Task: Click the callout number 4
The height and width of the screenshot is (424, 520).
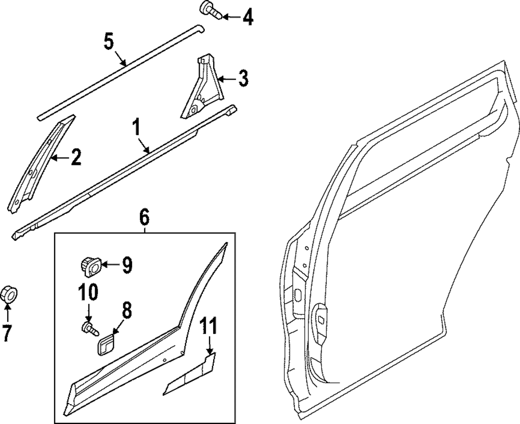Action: [x=247, y=18]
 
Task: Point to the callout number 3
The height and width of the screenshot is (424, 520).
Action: [x=243, y=80]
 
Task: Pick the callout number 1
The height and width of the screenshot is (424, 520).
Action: [x=136, y=126]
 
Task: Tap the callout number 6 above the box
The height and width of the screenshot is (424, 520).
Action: [x=144, y=215]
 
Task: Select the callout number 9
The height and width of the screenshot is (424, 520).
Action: [x=126, y=265]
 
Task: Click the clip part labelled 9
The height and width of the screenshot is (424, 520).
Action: [x=89, y=266]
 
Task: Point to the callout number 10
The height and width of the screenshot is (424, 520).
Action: [x=88, y=293]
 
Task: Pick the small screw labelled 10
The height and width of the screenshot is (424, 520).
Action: [x=89, y=328]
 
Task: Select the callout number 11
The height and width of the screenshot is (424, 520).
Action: [x=210, y=327]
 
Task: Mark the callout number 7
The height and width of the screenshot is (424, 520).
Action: [x=6, y=333]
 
